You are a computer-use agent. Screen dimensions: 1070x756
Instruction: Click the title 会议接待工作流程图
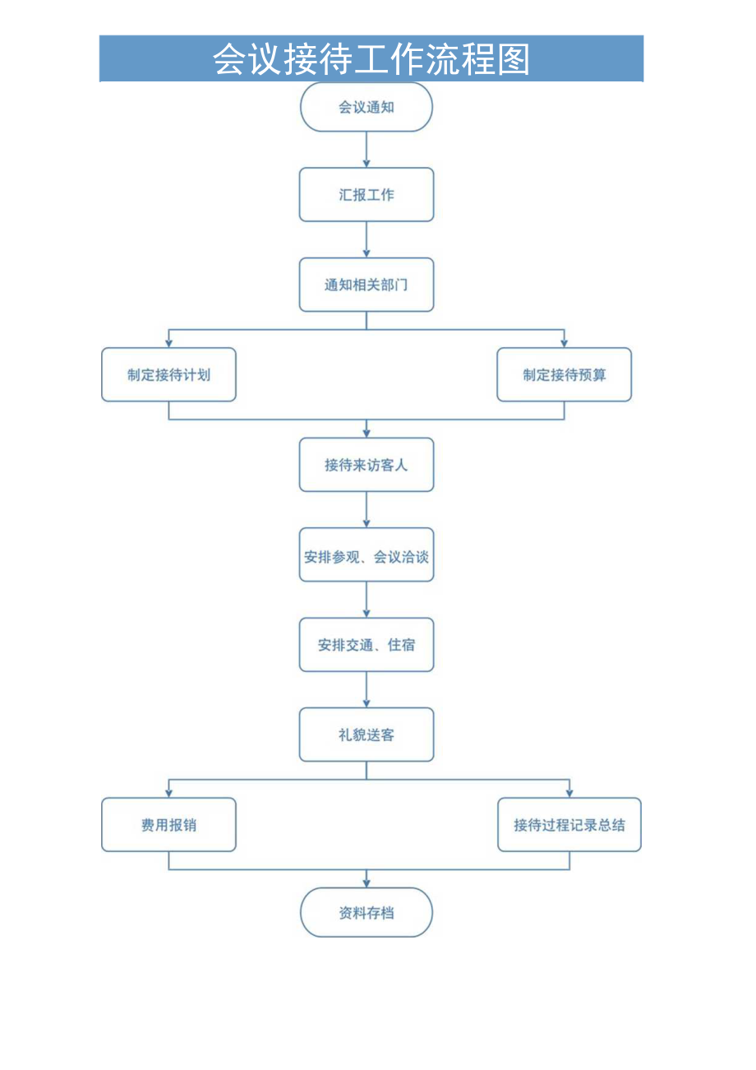tap(371, 59)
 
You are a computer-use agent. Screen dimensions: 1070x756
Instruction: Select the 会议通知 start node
tap(366, 107)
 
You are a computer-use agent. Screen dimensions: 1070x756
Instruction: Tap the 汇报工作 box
tap(366, 195)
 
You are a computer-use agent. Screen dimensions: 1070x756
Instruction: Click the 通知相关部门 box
tap(366, 285)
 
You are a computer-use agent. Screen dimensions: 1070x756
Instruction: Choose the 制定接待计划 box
tap(168, 375)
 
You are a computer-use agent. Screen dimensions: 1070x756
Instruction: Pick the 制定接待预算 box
tap(565, 375)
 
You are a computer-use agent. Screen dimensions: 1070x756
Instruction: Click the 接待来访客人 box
tap(366, 465)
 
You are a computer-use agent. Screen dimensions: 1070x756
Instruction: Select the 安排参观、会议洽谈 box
tap(366, 555)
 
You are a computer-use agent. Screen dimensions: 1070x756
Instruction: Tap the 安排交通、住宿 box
tap(366, 645)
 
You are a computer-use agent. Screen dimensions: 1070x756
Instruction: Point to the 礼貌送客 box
tap(366, 734)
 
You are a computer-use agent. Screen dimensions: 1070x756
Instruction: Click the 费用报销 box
tap(168, 824)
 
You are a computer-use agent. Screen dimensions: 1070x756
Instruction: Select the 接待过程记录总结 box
tap(569, 824)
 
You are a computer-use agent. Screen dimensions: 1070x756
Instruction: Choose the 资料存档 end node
tap(366, 913)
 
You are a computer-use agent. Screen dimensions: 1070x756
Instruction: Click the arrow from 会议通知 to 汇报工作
tap(366, 150)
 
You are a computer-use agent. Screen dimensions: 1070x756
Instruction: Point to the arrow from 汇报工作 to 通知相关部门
tap(366, 239)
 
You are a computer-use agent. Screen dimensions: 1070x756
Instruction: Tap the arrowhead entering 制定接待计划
tap(168, 342)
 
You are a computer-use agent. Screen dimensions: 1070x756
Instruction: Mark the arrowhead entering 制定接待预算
tap(565, 342)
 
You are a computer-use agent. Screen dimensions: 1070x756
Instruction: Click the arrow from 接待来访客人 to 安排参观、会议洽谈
tap(366, 509)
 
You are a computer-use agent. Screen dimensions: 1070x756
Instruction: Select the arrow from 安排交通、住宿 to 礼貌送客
tap(366, 689)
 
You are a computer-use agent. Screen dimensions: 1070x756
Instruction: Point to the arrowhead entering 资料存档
tap(366, 882)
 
